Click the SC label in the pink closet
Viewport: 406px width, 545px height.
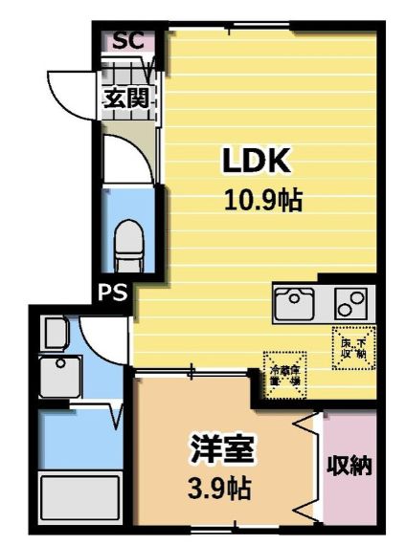click(x=126, y=41)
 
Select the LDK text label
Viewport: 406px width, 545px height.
click(x=256, y=162)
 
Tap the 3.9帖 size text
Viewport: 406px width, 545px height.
click(x=220, y=490)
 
